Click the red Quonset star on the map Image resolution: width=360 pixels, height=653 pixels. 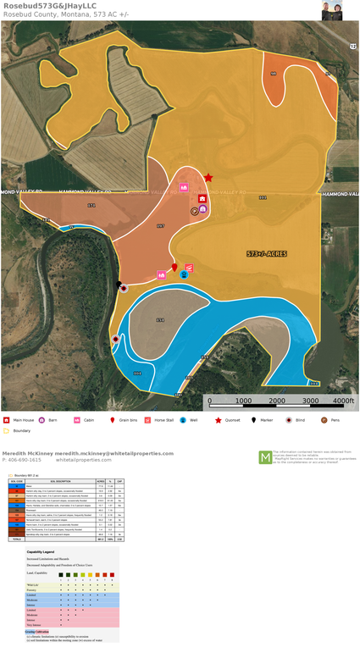[x=208, y=177]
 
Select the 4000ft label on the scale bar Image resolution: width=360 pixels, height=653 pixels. [x=342, y=400]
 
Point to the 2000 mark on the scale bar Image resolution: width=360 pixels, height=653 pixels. [x=276, y=400]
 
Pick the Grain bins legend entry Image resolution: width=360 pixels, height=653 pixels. [x=127, y=420]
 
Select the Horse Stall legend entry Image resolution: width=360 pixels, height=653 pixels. [x=163, y=420]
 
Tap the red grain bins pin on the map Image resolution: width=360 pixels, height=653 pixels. [x=175, y=268]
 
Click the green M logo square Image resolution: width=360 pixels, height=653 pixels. [x=265, y=457]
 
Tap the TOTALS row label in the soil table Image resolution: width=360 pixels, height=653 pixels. [x=14, y=540]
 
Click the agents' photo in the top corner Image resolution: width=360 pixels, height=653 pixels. [x=332, y=10]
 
